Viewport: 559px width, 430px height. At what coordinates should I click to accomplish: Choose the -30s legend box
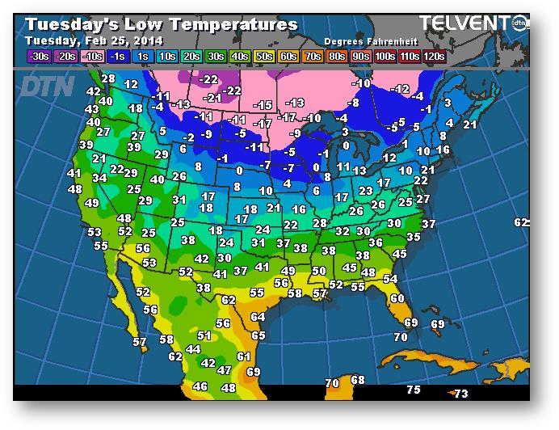tap(38, 56)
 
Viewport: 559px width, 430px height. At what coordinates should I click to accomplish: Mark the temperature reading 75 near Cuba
tap(413, 390)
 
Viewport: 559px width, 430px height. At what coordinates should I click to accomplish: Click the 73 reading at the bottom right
tap(460, 394)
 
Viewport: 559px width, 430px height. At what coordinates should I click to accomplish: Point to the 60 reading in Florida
tap(397, 298)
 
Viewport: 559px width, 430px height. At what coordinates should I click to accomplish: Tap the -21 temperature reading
tap(213, 98)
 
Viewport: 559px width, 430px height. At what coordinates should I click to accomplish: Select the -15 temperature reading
tap(263, 106)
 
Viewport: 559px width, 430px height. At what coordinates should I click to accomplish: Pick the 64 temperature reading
tap(258, 318)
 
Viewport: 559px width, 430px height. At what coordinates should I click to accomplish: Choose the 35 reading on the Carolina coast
tap(414, 238)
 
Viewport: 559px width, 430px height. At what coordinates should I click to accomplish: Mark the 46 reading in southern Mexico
tap(200, 387)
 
